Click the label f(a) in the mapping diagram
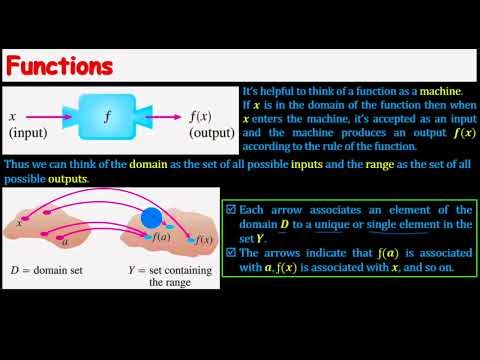(x=159, y=238)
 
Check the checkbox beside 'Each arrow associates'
(x=230, y=210)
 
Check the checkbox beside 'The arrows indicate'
(x=230, y=256)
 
